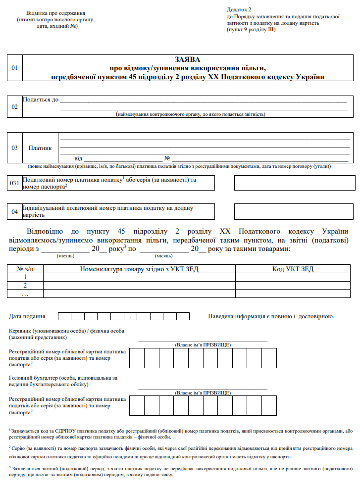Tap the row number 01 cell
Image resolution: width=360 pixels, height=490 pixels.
[14, 68]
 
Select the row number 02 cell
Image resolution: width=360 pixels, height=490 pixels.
[14, 107]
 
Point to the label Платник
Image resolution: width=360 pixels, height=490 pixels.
[40, 147]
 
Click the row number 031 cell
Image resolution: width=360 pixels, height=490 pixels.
[14, 183]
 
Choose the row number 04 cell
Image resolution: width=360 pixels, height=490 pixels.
[14, 212]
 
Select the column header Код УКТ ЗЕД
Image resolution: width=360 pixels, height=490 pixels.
[293, 269]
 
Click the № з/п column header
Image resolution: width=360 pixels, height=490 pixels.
[25, 269]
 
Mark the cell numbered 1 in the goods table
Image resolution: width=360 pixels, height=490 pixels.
[25, 277]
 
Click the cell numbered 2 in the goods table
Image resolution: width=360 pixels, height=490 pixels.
[25, 285]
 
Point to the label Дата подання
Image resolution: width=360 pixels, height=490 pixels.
[27, 316]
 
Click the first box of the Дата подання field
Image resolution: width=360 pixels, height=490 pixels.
[64, 316]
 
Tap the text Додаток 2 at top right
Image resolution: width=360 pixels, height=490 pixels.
[239, 9]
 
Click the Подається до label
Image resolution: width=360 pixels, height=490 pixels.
[41, 99]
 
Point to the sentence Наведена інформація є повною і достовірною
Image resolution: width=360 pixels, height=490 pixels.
[271, 316]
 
